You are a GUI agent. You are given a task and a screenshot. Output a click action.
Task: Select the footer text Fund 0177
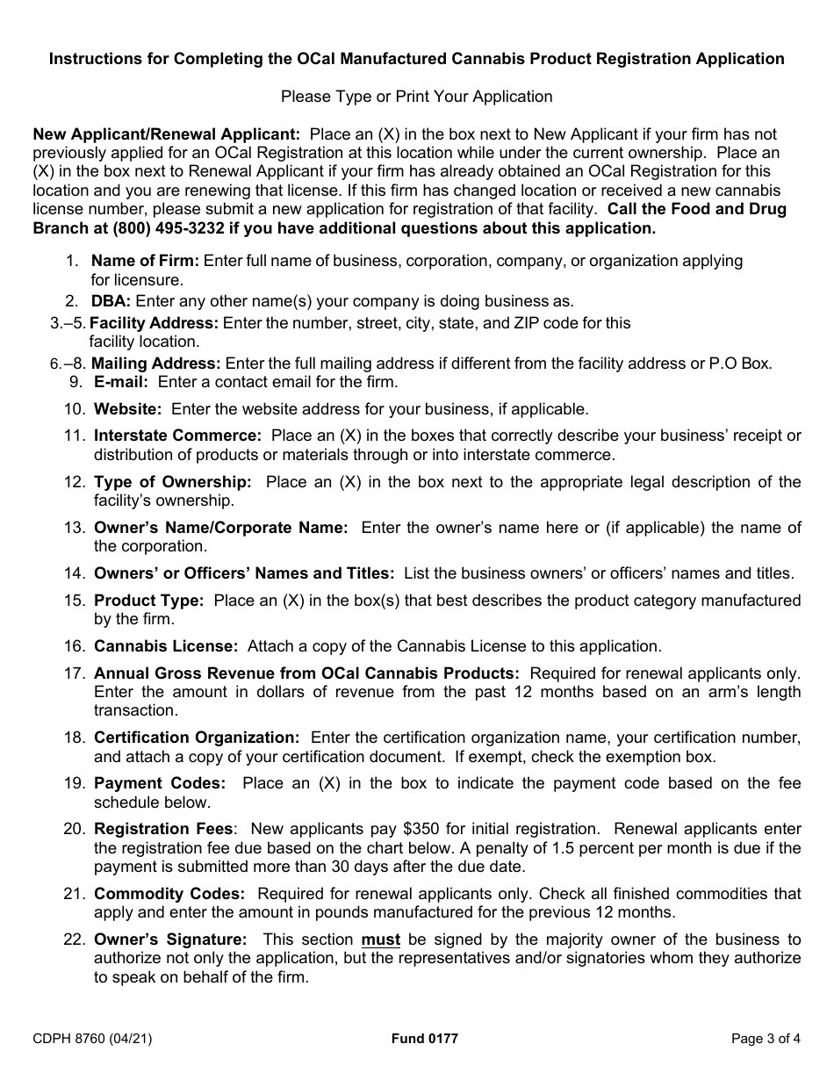[x=425, y=1039]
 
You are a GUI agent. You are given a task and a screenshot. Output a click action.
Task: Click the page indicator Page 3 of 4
[x=766, y=1039]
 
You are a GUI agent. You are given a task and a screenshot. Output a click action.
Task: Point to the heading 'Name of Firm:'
[x=146, y=261]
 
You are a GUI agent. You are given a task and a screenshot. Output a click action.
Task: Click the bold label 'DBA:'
[x=111, y=300]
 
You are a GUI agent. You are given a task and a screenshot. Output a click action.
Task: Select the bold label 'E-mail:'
[x=121, y=382]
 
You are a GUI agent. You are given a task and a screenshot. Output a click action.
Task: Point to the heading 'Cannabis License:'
[x=166, y=646]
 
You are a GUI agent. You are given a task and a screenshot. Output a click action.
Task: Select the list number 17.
[x=74, y=673]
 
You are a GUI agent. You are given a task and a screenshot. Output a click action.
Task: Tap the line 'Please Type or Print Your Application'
[x=416, y=97]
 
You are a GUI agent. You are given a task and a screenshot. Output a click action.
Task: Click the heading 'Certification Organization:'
[x=197, y=738]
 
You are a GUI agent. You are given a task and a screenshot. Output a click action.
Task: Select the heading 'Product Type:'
[x=148, y=601]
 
